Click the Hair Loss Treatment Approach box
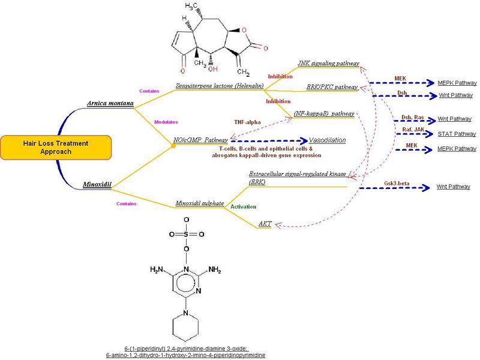pos(56,147)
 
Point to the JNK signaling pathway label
pos(328,63)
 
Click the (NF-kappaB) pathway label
pos(324,112)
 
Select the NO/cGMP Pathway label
pos(200,140)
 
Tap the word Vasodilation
pos(328,140)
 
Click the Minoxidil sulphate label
pos(198,203)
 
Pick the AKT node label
pos(265,223)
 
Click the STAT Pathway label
pos(454,133)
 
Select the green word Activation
pos(244,206)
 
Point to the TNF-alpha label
pos(247,122)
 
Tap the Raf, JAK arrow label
pos(412,128)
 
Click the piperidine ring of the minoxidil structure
pos(186,328)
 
